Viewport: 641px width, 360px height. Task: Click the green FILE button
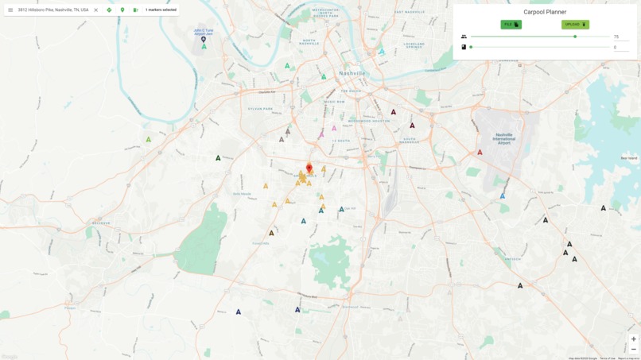tap(511, 25)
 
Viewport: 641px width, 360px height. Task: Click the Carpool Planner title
tap(545, 12)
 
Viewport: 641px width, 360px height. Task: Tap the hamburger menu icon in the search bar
tap(10, 10)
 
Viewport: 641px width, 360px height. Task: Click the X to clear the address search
tap(96, 10)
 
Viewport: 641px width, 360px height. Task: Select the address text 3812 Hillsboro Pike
tap(52, 10)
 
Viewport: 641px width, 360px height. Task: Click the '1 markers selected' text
tap(161, 10)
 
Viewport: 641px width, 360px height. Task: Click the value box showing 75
tap(620, 37)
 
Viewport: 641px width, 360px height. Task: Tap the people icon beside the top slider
tap(464, 37)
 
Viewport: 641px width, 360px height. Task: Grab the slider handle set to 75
tap(575, 37)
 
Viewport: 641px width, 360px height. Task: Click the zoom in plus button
tap(633, 339)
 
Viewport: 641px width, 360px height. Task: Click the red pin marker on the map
tap(309, 168)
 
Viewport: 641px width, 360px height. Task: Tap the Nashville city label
tap(352, 73)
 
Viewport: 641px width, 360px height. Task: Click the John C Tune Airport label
tap(204, 32)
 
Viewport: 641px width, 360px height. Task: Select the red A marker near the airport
tap(480, 153)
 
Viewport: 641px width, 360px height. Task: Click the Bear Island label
tap(628, 158)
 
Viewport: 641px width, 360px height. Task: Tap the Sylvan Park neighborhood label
tap(259, 108)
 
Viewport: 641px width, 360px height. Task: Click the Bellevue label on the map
tap(101, 223)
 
